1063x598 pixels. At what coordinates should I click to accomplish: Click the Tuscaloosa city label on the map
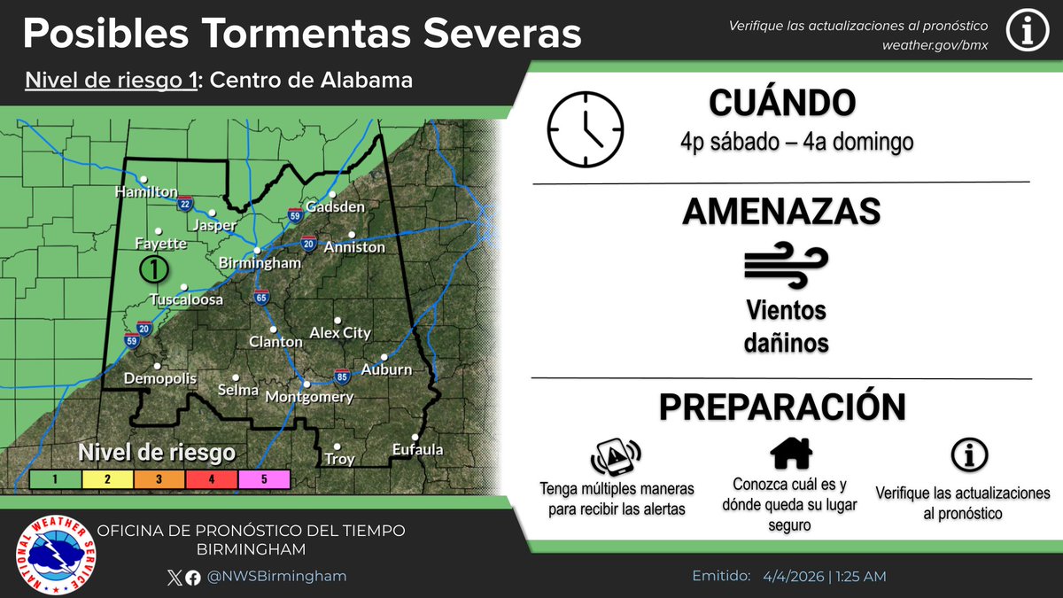(186, 300)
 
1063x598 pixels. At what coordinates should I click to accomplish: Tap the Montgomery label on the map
(310, 398)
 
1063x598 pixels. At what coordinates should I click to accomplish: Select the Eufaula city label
(417, 450)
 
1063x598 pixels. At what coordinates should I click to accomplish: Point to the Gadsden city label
(335, 207)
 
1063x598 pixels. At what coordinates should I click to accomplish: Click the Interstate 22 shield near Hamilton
(184, 205)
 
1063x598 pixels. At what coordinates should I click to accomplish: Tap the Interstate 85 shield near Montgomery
(342, 376)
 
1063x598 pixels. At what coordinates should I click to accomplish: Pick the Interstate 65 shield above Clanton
(260, 298)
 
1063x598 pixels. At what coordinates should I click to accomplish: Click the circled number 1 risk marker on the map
(154, 267)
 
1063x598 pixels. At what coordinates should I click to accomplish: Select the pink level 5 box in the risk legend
(264, 479)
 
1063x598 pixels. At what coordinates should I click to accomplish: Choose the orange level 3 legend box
(159, 479)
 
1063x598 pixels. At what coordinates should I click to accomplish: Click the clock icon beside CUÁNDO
(586, 129)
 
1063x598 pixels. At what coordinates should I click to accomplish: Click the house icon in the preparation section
(791, 454)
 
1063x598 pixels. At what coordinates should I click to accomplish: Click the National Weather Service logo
(58, 555)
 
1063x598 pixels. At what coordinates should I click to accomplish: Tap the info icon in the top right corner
(1028, 34)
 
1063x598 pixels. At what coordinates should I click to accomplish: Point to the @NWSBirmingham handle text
(276, 576)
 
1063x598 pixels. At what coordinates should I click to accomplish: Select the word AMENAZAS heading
(781, 212)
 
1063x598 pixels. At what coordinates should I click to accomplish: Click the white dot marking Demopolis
(158, 365)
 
